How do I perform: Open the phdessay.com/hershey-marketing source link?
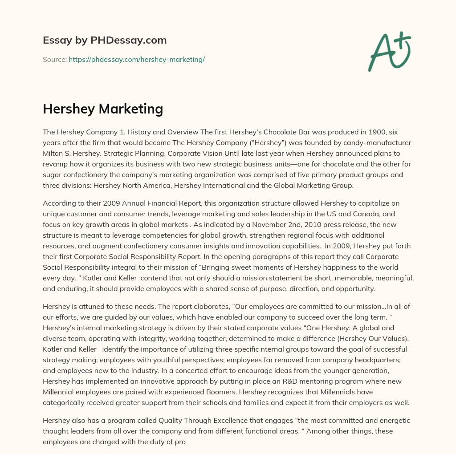(x=136, y=59)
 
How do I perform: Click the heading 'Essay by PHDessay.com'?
(x=105, y=41)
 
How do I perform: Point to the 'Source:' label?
(x=54, y=59)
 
